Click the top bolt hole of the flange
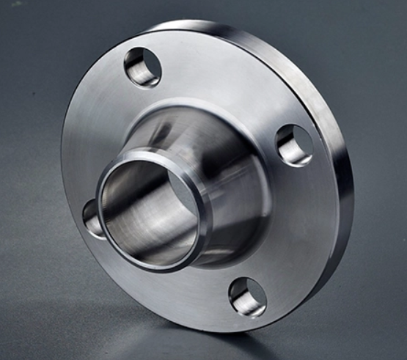click(x=142, y=67)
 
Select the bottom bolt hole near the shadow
click(x=247, y=296)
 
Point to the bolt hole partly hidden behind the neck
click(x=92, y=219)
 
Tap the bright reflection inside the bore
click(x=169, y=213)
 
